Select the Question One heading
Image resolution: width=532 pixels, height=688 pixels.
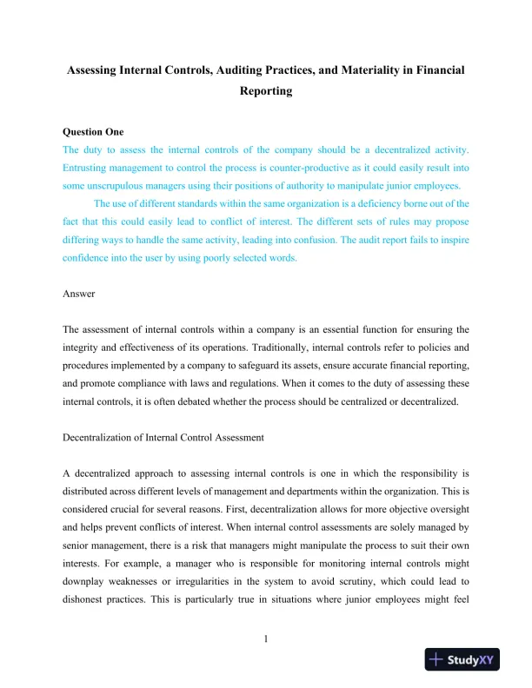tap(93, 132)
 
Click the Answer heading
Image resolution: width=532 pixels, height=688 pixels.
tap(79, 294)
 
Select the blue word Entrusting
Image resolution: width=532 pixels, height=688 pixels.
tap(90, 168)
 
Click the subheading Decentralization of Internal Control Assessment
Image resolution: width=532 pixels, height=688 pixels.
tap(163, 438)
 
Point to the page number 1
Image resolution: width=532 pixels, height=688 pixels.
tap(265, 641)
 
